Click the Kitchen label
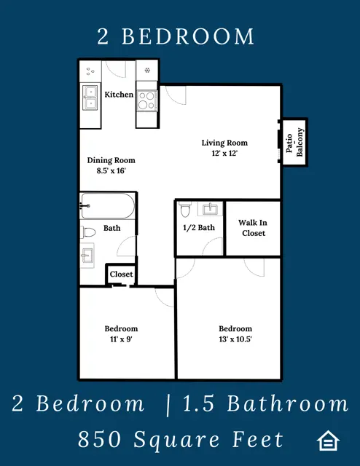coord(119,95)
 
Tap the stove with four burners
coord(147,100)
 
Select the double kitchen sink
coord(90,98)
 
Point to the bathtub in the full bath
coord(108,206)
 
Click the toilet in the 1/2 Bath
coord(185,209)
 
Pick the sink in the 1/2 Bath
coord(211,209)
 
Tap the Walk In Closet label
coord(253,228)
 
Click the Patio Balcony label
coord(294,143)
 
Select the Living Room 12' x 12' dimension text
coord(224,153)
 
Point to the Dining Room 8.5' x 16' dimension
coord(111,170)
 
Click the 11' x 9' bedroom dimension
coord(121,339)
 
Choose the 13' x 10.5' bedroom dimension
coord(235,339)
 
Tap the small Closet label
coord(121,274)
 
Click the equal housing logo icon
coord(328,441)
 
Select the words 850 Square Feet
coord(180,440)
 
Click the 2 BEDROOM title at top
coord(176,36)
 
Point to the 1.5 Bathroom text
coord(265,403)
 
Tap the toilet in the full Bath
coord(88,232)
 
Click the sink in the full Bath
coord(87,256)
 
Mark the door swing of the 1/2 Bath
coord(212,246)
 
